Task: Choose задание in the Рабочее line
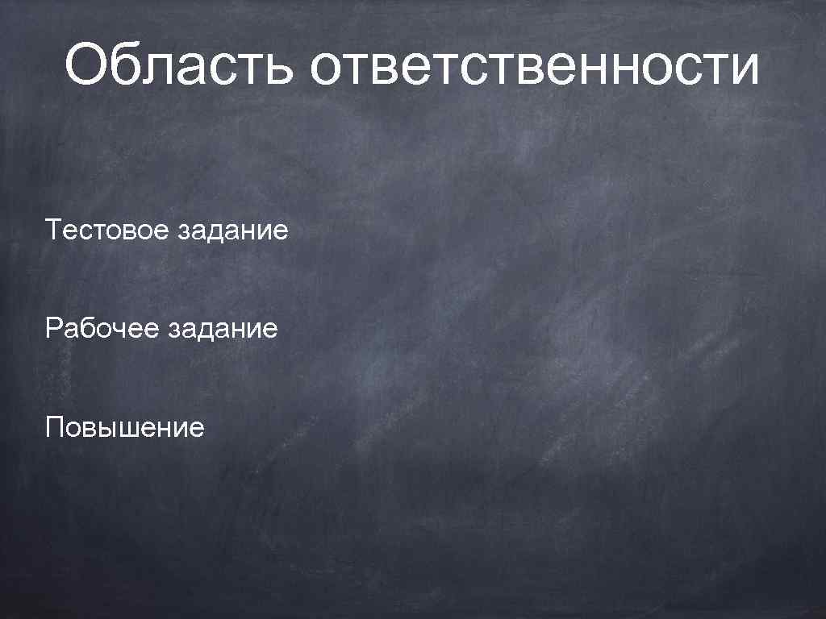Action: [x=223, y=329]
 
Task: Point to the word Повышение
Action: [x=125, y=426]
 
